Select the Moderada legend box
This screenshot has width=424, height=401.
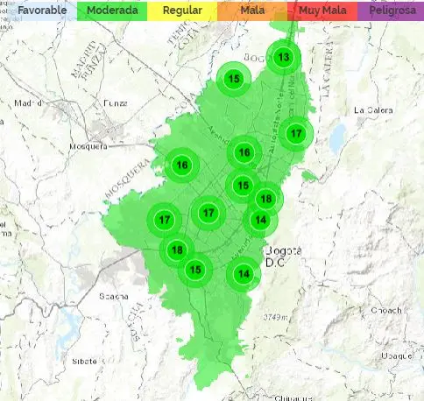point(111,11)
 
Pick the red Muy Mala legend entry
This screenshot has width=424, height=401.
point(322,11)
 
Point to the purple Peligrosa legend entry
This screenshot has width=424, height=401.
point(391,11)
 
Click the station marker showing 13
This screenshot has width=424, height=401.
point(283,58)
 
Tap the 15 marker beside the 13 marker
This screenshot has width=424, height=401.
point(234,79)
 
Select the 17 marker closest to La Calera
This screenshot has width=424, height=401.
point(296,133)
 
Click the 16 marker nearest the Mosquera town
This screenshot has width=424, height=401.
point(182,165)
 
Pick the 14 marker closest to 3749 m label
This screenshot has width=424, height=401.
point(244,273)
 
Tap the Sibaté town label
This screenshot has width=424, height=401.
point(86,360)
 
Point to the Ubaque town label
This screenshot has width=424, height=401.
point(394,355)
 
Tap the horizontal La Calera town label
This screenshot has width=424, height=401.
point(371,110)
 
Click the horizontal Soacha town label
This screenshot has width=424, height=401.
point(112,295)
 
